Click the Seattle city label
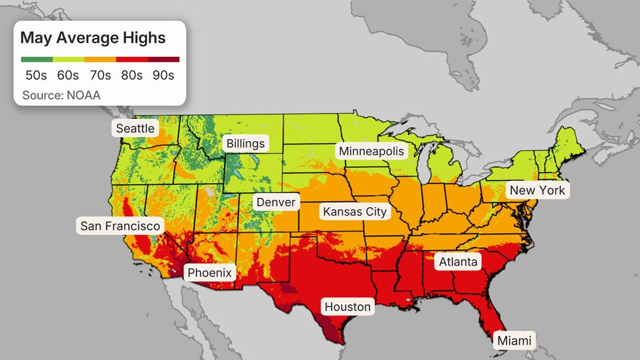135,128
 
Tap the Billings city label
246,143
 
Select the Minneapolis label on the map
372,151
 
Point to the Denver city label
276,202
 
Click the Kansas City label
355,212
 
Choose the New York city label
538,190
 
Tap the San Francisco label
120,226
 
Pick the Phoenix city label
210,272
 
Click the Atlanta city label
458,262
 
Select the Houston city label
347,306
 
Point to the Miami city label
515,340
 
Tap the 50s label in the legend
37,75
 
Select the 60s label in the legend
68,75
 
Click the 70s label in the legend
100,75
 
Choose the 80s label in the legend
131,75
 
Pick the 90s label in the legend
163,75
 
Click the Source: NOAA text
61,95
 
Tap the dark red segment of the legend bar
164,59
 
